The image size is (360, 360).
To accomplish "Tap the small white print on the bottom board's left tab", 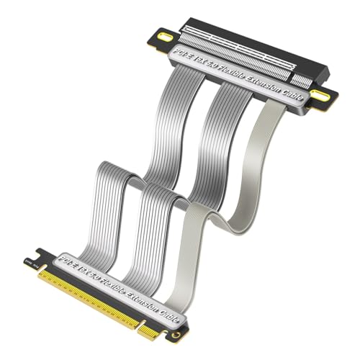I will click(x=30, y=253).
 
